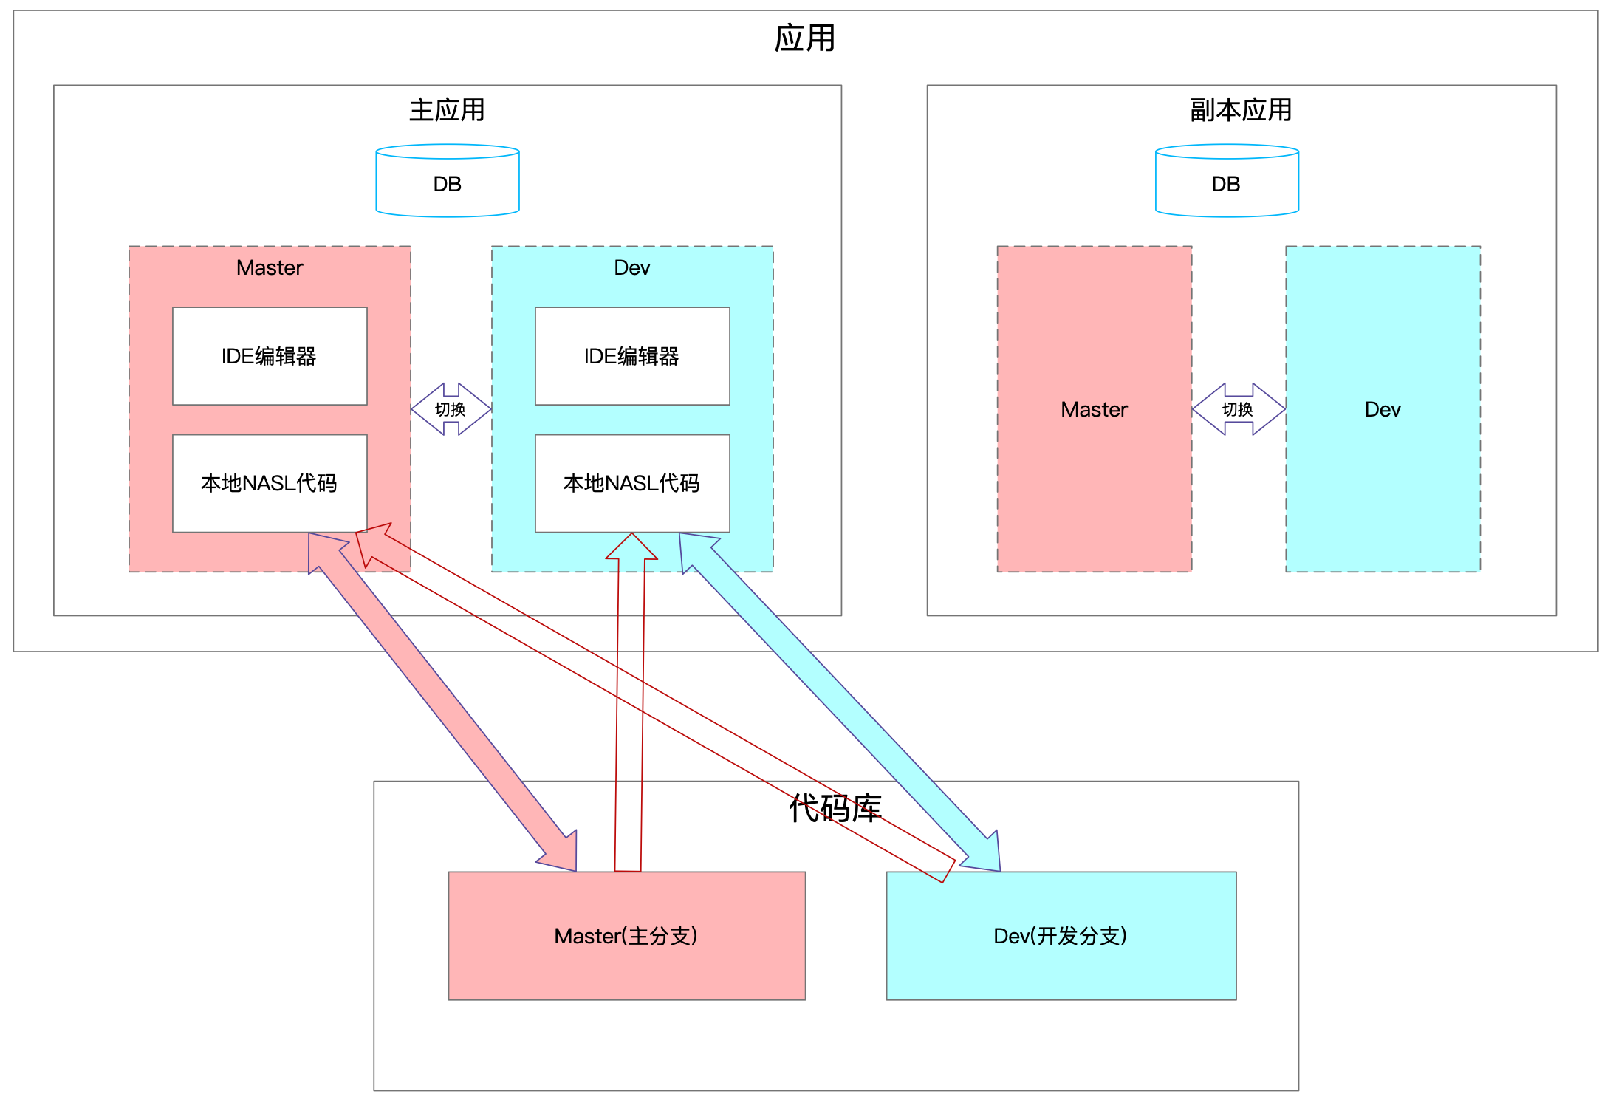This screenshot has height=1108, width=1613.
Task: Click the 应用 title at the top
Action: tap(804, 38)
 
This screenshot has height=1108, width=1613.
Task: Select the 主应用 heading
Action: tap(447, 110)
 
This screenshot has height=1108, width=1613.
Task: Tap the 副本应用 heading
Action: tap(1240, 110)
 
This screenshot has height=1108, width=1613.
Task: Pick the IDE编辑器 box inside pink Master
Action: tap(270, 356)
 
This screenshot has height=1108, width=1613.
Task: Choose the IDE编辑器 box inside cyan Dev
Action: tap(632, 356)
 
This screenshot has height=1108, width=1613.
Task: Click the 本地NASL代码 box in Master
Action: tap(270, 483)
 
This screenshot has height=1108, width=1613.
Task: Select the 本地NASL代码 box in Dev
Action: tap(632, 483)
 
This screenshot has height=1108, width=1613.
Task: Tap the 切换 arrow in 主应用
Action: tap(451, 409)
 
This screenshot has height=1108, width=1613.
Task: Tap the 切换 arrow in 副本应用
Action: tap(1238, 409)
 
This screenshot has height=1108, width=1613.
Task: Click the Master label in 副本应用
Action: tap(1094, 409)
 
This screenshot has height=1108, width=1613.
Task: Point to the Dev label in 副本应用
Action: tap(1383, 409)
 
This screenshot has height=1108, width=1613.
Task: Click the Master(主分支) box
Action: tap(626, 936)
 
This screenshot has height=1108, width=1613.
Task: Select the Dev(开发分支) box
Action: tap(1061, 936)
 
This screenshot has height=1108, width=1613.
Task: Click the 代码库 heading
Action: tap(835, 808)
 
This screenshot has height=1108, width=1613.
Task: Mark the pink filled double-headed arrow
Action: tap(443, 702)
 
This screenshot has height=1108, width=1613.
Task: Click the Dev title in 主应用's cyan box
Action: tap(632, 267)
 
